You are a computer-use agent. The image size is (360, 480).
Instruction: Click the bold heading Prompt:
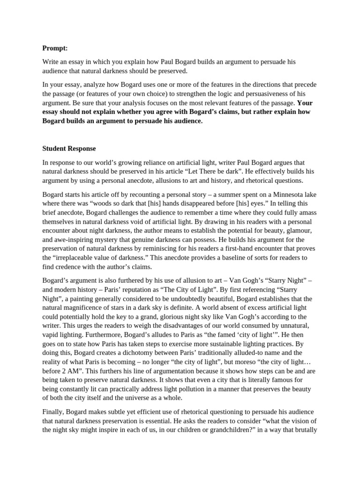55,48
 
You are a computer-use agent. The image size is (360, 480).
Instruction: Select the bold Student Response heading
69,149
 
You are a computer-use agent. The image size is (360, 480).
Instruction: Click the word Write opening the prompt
52,62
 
